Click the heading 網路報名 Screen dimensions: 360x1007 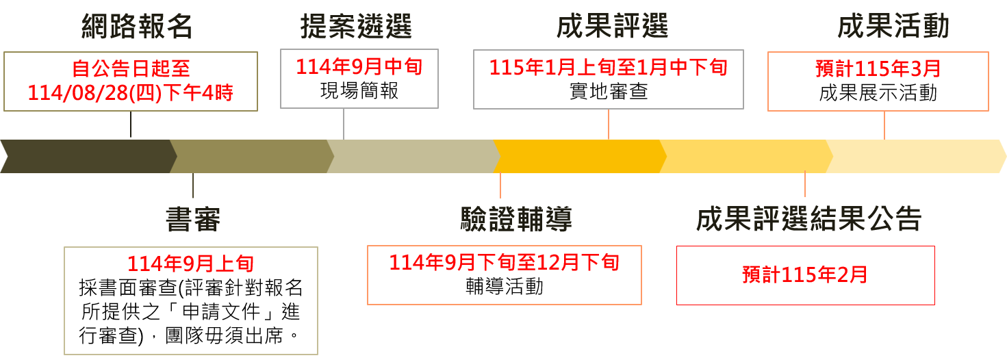pyautogui.click(x=137, y=27)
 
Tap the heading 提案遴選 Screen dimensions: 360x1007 pyautogui.click(x=356, y=27)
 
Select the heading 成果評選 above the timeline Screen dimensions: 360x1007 pyautogui.click(x=612, y=27)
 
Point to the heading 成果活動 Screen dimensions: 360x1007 pyautogui.click(x=893, y=27)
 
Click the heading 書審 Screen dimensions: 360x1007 pyautogui.click(x=193, y=220)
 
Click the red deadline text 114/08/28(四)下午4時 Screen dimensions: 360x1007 pyautogui.click(x=131, y=92)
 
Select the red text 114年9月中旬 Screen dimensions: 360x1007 pyautogui.click(x=359, y=67)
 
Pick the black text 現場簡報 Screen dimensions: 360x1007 pyautogui.click(x=359, y=91)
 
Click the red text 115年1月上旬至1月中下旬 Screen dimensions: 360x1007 pyautogui.click(x=608, y=67)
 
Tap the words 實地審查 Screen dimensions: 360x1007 pyautogui.click(x=608, y=91)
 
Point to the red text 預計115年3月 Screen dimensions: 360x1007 pyautogui.click(x=878, y=68)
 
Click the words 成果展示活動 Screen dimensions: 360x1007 pyautogui.click(x=878, y=92)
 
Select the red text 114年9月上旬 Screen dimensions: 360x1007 pyautogui.click(x=190, y=263)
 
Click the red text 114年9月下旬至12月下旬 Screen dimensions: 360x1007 pyautogui.click(x=504, y=262)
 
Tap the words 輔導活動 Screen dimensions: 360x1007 pyautogui.click(x=504, y=286)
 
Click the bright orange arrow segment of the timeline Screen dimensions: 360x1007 pyautogui.click(x=579, y=156)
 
